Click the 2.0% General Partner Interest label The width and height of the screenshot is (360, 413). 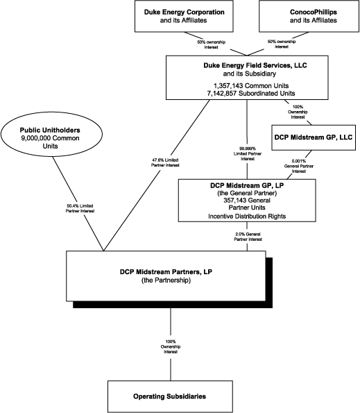tap(248, 237)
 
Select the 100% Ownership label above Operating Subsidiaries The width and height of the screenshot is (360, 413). tap(171, 348)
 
